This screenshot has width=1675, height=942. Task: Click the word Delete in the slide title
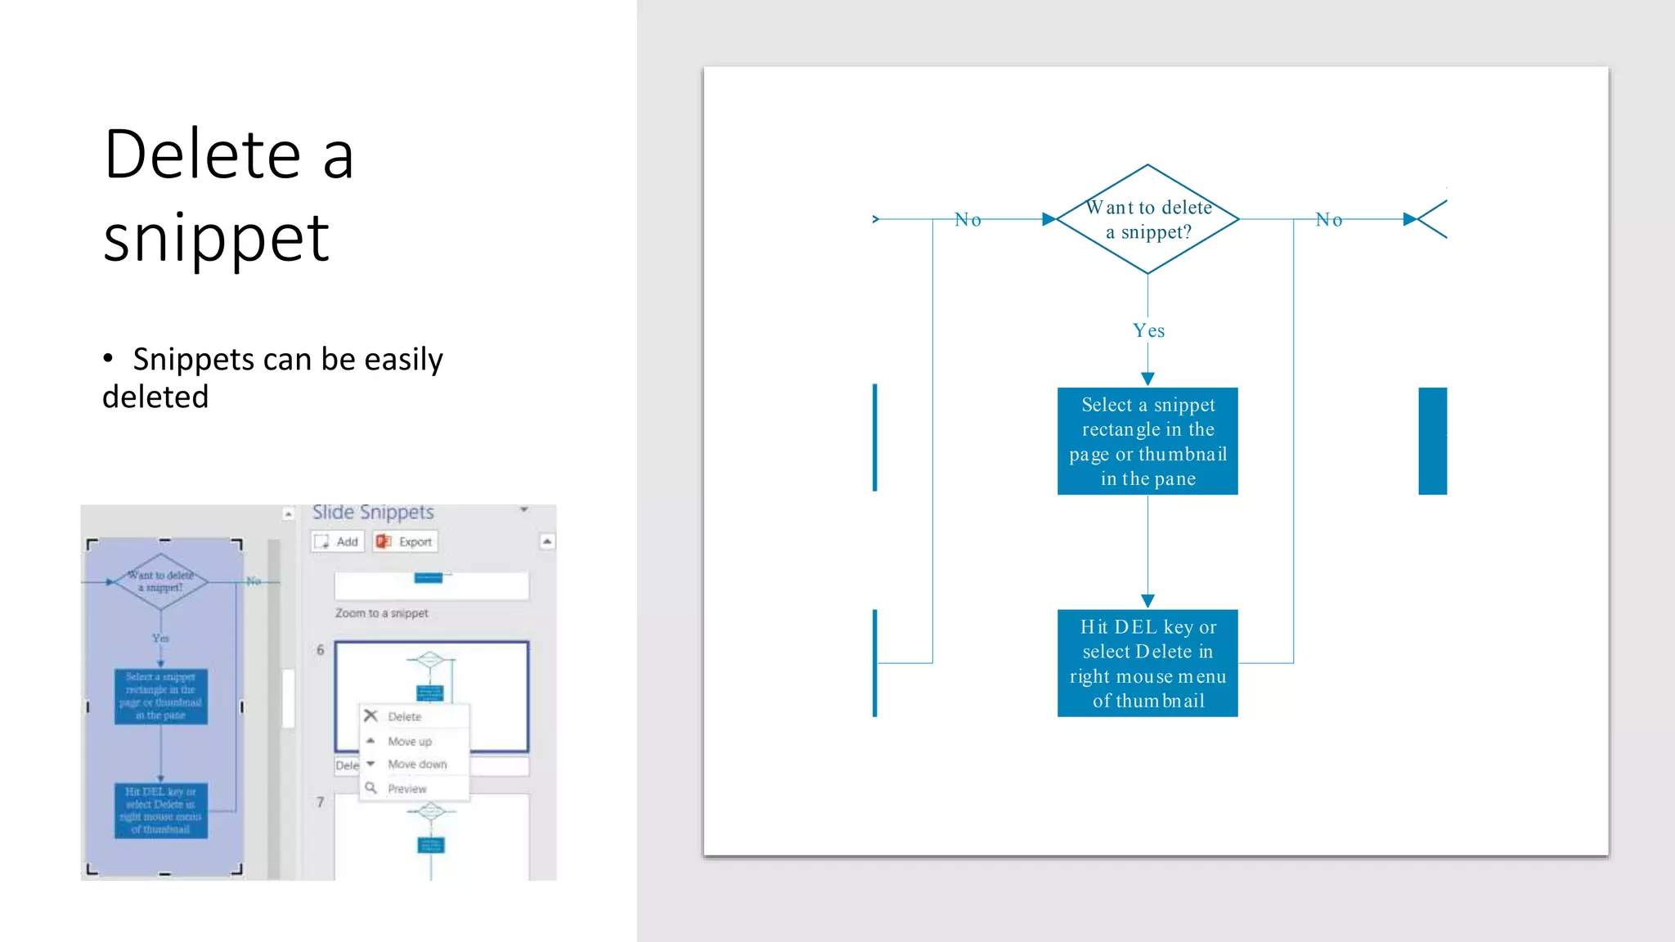tap(203, 155)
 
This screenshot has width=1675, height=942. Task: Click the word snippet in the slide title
tap(217, 239)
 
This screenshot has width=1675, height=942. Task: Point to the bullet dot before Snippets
tap(108, 358)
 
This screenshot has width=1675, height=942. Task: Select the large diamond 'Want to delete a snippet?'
tap(1147, 219)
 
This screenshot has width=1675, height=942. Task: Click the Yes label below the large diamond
tap(1148, 330)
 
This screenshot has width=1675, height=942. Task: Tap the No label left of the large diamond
tap(968, 220)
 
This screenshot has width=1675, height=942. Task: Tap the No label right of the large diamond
tap(1329, 220)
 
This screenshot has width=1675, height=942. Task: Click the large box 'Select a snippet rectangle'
tap(1147, 442)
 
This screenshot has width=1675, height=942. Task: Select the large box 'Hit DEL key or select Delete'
tap(1147, 663)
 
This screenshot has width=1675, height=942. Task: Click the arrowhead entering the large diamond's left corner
tap(1049, 219)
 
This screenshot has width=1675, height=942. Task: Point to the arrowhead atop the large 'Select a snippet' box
tap(1147, 379)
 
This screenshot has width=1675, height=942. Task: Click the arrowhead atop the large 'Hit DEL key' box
tap(1147, 601)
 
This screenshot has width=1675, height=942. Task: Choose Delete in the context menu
tap(405, 717)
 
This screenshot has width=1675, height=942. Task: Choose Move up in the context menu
tap(410, 742)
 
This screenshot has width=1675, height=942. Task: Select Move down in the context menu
tap(417, 765)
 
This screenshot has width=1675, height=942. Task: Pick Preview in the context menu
tap(407, 789)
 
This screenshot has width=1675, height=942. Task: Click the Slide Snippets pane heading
tap(373, 513)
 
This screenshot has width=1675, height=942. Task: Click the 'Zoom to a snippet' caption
tap(382, 613)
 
